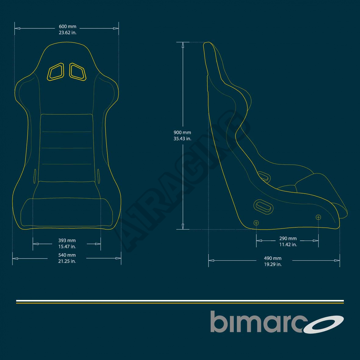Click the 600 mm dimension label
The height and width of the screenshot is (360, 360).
[x=67, y=27]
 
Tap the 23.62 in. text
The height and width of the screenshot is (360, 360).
[x=67, y=33]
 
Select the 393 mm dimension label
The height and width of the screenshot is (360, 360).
[x=67, y=241]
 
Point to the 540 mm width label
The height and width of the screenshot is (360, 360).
[x=67, y=255]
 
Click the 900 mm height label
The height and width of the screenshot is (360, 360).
[x=182, y=133]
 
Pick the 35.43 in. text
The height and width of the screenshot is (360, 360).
[x=182, y=138]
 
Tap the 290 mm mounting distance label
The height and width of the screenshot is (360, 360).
[x=288, y=239]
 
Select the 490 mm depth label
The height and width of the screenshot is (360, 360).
[x=273, y=258]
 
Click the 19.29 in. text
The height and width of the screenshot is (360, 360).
[x=273, y=264]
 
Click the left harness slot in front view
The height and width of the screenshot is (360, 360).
[x=55, y=72]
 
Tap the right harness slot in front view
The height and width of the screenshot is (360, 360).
[x=78, y=72]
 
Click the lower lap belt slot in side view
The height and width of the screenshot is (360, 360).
[x=263, y=206]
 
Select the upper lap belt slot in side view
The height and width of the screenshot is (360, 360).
[x=264, y=176]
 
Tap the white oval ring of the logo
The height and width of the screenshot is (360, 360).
[x=324, y=324]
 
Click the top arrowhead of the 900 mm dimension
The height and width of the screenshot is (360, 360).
[x=183, y=45]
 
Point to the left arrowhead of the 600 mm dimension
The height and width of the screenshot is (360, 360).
[x=17, y=28]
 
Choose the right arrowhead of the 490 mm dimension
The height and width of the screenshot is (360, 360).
[x=337, y=260]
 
